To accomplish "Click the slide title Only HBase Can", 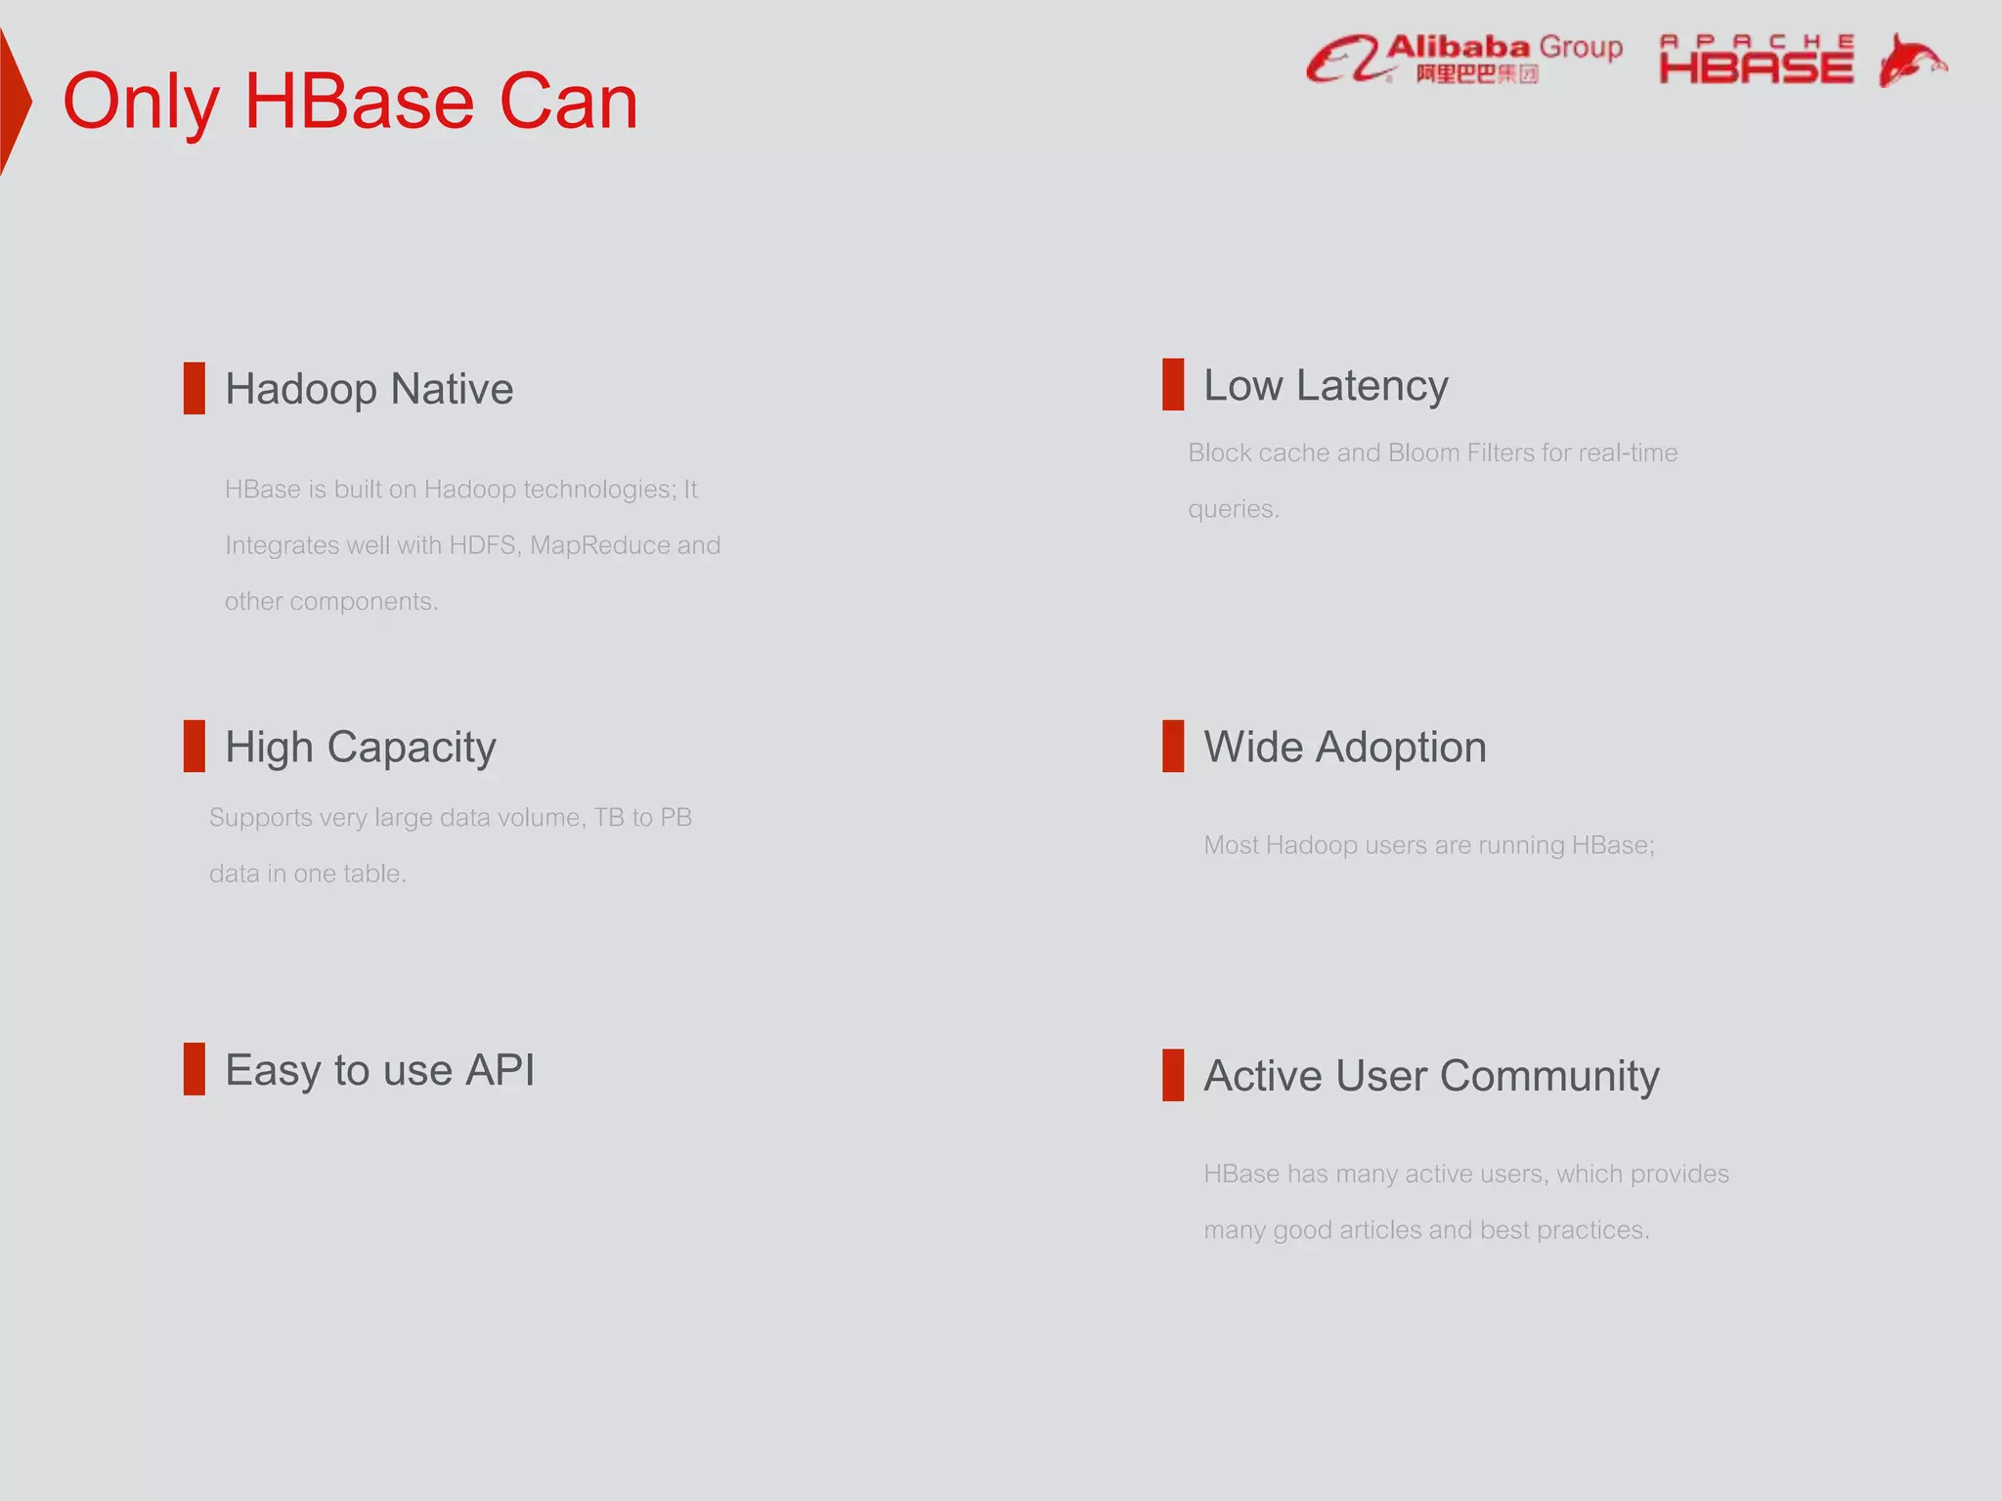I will coord(350,102).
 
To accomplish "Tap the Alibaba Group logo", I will coord(1464,59).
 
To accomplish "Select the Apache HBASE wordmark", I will coord(1756,61).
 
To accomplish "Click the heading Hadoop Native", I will coord(369,389).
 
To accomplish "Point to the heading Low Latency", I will coord(1325,385).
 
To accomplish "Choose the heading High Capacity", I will coord(360,748).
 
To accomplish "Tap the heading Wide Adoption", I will coord(1344,748).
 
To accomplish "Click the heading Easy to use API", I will coord(379,1070).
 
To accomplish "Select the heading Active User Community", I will coord(1431,1076).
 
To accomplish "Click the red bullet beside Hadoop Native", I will coord(195,388).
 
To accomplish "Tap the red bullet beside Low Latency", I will coord(1173,384).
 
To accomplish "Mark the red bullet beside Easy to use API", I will coord(195,1069).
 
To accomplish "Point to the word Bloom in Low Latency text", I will coord(1423,453).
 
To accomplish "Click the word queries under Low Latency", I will coord(1232,510).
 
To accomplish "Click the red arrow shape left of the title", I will coord(14,102).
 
